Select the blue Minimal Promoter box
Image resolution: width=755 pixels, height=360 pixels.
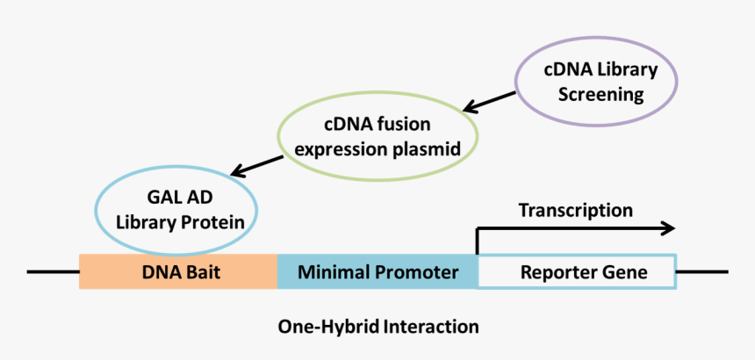click(x=377, y=272)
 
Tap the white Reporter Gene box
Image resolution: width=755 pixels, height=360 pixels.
click(x=577, y=272)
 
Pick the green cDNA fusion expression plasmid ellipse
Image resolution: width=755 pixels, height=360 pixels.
click(x=377, y=137)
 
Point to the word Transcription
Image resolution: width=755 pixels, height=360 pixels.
click(x=575, y=211)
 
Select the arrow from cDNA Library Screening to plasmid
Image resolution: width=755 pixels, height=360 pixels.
click(x=490, y=100)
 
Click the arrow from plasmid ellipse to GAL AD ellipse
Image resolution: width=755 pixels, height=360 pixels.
click(x=256, y=164)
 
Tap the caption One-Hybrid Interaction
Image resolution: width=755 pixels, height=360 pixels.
click(x=378, y=327)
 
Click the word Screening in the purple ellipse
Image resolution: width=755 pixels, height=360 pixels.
click(x=596, y=93)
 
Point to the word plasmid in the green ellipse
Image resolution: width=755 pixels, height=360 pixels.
click(x=427, y=148)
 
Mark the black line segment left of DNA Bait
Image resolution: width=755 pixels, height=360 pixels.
click(x=53, y=271)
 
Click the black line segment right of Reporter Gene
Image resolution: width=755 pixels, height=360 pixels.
click(x=702, y=271)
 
